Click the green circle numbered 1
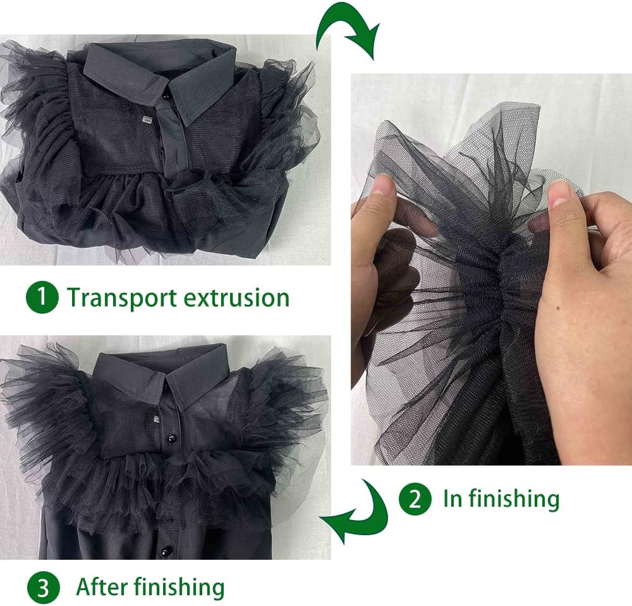click(x=42, y=298)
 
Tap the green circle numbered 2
click(x=415, y=498)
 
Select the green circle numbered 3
click(x=43, y=588)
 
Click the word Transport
click(x=122, y=299)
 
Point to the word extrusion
click(x=236, y=298)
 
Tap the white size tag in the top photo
click(x=147, y=120)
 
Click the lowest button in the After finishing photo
click(x=164, y=551)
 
